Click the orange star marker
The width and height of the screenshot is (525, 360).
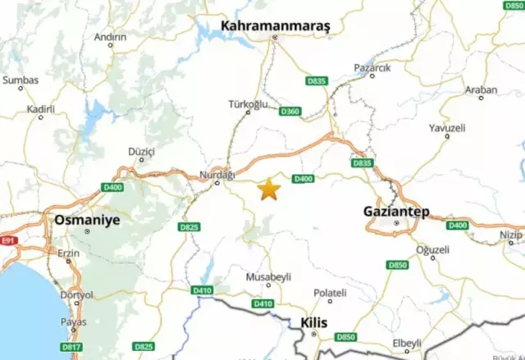tap(268, 189)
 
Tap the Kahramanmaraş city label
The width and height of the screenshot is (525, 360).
tap(275, 26)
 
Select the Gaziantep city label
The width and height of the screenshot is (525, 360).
tap(396, 211)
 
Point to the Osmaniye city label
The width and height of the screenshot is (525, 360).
tap(86, 220)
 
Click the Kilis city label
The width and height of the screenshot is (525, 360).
tap(314, 322)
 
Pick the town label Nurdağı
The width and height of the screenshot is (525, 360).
tap(217, 175)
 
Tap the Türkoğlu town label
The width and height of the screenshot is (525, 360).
tap(248, 104)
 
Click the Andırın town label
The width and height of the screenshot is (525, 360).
tap(110, 37)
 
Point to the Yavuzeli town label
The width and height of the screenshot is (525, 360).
tap(447, 128)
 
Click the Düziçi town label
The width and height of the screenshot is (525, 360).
tap(143, 152)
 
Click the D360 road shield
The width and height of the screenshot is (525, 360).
tap(290, 111)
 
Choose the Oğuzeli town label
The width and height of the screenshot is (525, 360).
tap(433, 249)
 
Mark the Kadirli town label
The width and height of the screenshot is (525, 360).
tap(40, 108)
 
